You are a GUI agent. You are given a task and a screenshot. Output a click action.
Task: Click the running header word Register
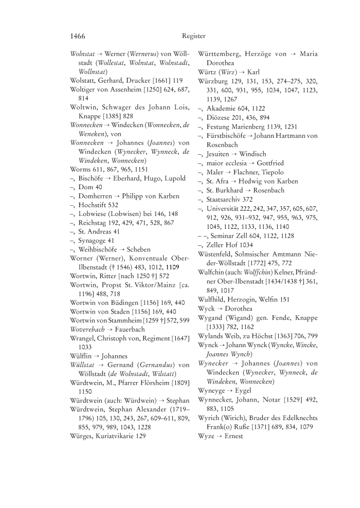click(194, 36)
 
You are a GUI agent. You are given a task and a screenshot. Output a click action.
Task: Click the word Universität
click(225, 208)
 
